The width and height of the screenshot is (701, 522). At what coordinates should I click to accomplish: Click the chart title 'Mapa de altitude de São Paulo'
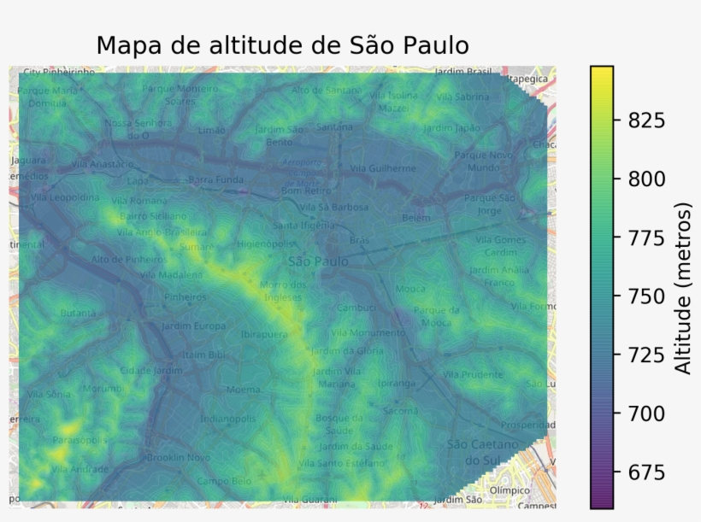(x=282, y=44)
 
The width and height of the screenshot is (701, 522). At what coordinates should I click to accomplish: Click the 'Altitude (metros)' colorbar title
(x=683, y=288)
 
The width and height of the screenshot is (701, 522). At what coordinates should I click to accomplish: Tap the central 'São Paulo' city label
(x=317, y=261)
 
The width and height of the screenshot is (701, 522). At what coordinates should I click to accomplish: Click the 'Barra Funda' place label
(x=216, y=180)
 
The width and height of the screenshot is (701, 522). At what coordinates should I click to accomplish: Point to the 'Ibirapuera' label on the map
(x=264, y=335)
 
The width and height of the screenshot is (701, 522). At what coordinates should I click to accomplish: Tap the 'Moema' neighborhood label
(x=243, y=390)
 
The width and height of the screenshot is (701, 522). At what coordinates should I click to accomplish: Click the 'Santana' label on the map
(x=333, y=126)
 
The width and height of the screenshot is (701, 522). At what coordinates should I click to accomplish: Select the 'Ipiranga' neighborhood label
(x=396, y=384)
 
